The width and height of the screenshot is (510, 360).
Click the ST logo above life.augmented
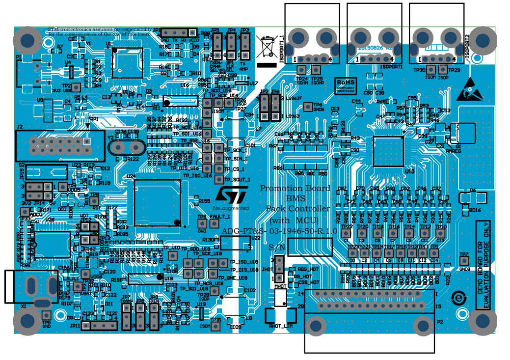coord(231,194)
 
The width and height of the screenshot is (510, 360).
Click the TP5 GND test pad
coord(46,315)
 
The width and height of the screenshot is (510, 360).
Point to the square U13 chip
coord(388,151)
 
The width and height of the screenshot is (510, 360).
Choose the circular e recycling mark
coord(458,298)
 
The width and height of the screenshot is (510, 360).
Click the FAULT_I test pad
coord(214,223)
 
